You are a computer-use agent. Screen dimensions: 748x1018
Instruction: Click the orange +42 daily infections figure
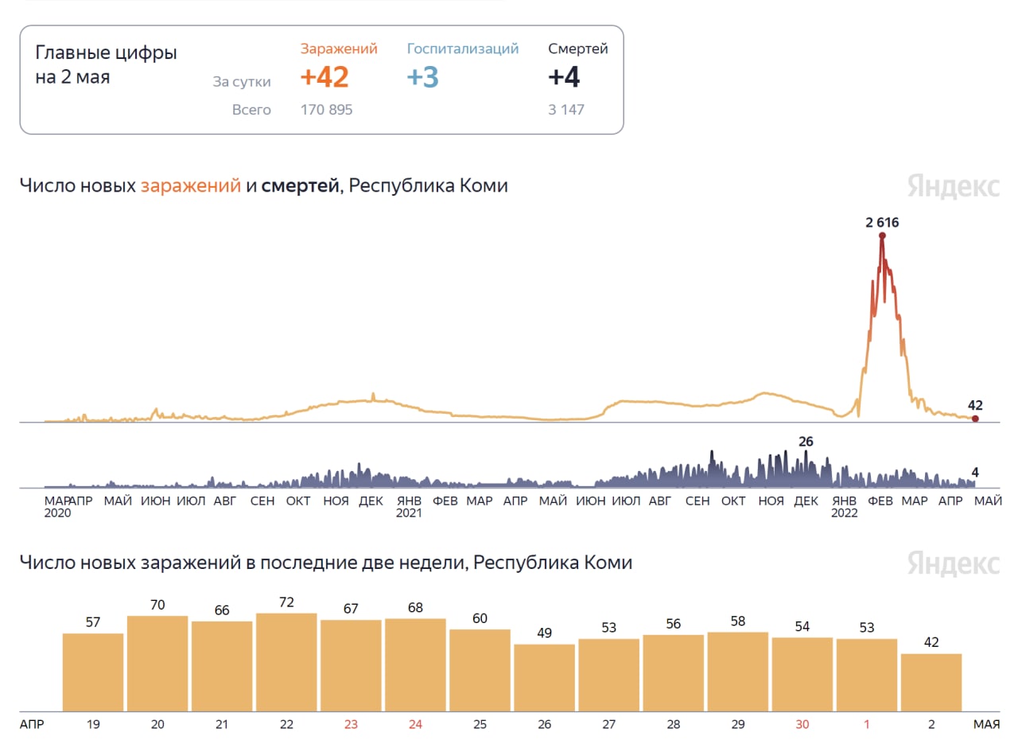tap(324, 77)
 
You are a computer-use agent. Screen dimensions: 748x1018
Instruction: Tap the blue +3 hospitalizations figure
tap(422, 77)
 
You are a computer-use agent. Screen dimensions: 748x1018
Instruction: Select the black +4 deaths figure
tap(564, 77)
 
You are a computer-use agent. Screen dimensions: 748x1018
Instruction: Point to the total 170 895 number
tap(326, 110)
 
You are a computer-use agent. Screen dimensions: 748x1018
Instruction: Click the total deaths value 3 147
tap(565, 110)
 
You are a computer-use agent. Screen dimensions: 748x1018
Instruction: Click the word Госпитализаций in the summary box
tap(462, 49)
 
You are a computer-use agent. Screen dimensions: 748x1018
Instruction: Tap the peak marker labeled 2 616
tap(882, 235)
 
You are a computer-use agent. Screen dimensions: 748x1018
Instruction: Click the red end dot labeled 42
tap(975, 419)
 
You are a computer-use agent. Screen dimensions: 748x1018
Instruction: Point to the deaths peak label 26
tap(806, 442)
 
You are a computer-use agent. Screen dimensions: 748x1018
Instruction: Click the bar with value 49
tap(544, 677)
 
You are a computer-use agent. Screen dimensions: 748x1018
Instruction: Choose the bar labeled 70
tap(157, 663)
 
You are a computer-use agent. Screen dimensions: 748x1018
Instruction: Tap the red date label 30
tap(802, 724)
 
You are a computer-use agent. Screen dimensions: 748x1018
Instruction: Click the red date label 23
tap(351, 724)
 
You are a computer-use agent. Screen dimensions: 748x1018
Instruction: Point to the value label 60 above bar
tap(480, 618)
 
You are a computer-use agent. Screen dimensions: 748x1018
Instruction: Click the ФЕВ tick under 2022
tap(880, 501)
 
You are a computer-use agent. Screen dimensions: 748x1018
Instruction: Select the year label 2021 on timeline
tap(409, 513)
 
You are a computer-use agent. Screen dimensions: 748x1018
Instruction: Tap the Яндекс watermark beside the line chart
tap(953, 186)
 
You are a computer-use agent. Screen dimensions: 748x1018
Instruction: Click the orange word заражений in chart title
tap(191, 186)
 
